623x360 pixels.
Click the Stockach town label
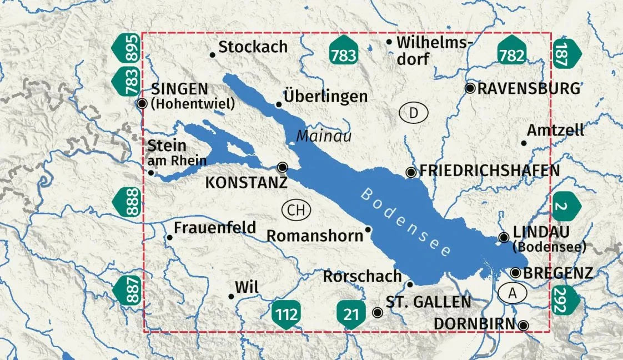tap(253, 47)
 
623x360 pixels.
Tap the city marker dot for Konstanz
tap(283, 167)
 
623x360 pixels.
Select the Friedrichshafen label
tap(489, 171)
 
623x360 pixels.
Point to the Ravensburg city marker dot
tap(470, 88)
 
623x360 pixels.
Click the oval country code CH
tap(296, 210)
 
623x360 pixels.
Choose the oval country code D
tap(414, 113)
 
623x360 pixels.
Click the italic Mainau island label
tap(324, 136)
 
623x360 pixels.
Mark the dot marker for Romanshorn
tap(368, 229)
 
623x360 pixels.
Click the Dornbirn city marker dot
tap(523, 325)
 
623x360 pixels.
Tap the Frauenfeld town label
tap(215, 228)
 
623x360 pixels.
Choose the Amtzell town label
tap(555, 131)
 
